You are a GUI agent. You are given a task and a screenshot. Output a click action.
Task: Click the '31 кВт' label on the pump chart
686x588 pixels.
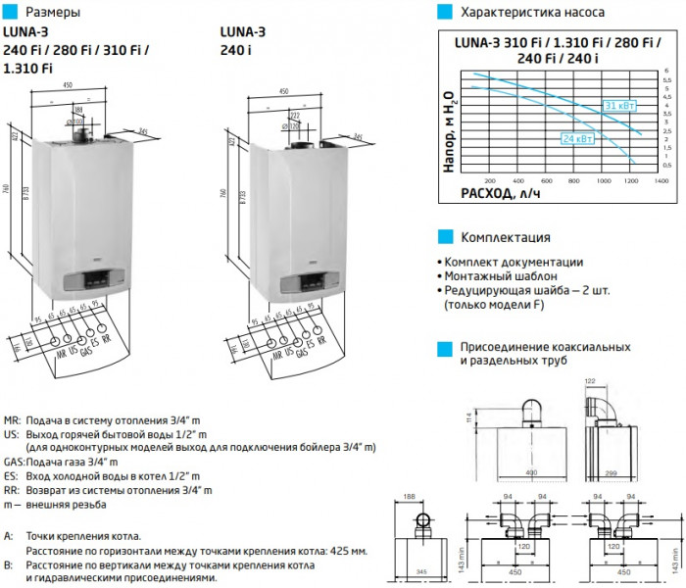(616, 105)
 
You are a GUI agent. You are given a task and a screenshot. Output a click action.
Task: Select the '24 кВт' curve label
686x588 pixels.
(575, 138)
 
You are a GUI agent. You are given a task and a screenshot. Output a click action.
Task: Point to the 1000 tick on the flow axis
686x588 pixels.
(604, 181)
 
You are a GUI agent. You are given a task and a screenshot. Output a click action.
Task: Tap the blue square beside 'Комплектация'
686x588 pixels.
(444, 237)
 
